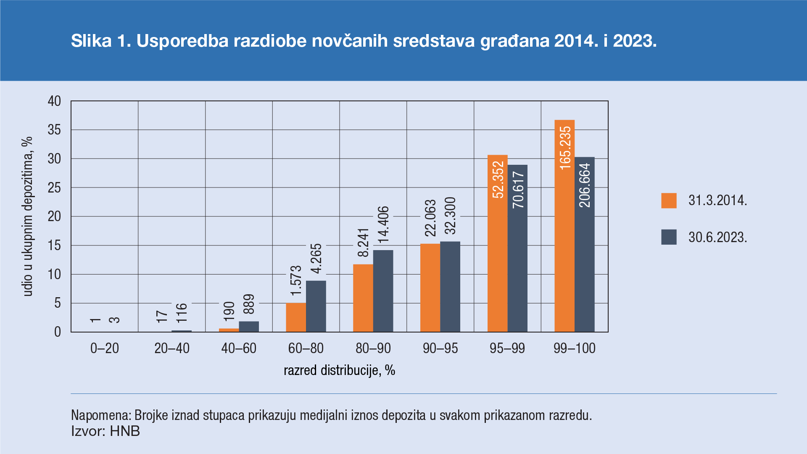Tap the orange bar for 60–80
pos(296,317)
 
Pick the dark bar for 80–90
pos(383,291)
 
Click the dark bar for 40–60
pos(249,327)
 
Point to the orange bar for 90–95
pos(430,288)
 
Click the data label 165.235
pos(565,148)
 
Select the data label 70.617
pos(518,190)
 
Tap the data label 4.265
pos(316,259)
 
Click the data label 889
pos(249,304)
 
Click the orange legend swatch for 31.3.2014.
pos(669,201)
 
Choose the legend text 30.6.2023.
pos(717,238)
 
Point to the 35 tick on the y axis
pos(54,130)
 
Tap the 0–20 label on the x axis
pos(105,348)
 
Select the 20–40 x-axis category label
pos(172,348)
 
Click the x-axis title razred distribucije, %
pos(339,370)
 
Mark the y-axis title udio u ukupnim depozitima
pos(28,216)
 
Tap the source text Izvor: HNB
pos(105,431)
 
